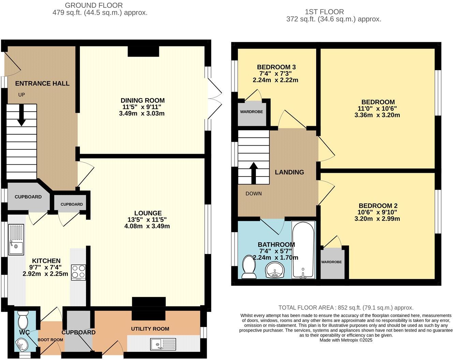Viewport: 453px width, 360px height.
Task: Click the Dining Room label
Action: (143, 101)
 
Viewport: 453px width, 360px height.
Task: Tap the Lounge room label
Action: (148, 213)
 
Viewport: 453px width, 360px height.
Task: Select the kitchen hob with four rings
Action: (78, 272)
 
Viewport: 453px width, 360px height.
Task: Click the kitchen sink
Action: (16, 240)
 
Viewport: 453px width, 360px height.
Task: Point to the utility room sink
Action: (163, 344)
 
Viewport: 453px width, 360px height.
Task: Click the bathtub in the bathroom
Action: (303, 250)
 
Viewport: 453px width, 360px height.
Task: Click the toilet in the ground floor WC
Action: (23, 320)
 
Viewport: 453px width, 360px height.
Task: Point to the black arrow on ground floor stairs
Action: (21, 115)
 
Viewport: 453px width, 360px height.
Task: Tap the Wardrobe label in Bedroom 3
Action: (252, 112)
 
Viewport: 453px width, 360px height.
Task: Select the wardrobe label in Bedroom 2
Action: (331, 262)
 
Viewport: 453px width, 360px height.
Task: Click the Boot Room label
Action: (50, 340)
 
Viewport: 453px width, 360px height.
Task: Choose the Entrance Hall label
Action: (42, 84)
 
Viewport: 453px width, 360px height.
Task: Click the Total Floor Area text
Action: (346, 307)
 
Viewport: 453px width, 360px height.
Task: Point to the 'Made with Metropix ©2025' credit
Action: (346, 340)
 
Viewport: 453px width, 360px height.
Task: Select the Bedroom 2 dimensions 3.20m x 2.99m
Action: (377, 219)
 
